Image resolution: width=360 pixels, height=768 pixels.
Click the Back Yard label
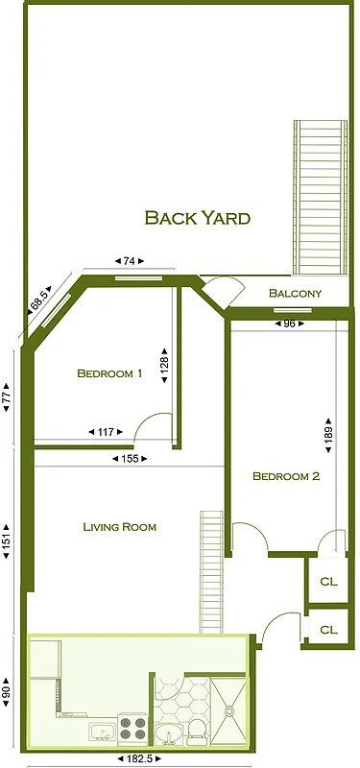[x=197, y=218]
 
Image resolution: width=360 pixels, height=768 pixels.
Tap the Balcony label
[x=295, y=293]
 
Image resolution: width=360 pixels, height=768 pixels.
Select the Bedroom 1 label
[x=109, y=374]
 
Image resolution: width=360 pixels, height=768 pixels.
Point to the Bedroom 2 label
[x=285, y=476]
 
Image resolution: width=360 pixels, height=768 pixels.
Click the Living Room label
[x=119, y=526]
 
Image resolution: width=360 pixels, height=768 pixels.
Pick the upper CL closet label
[x=328, y=582]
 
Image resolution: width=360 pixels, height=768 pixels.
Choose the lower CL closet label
[x=328, y=630]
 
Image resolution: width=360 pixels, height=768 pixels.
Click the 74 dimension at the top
[x=129, y=261]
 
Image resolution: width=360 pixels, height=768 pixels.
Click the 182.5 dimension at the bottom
[x=139, y=758]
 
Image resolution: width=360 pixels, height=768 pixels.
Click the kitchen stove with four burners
[x=132, y=730]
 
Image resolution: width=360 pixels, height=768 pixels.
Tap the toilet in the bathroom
[x=196, y=731]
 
